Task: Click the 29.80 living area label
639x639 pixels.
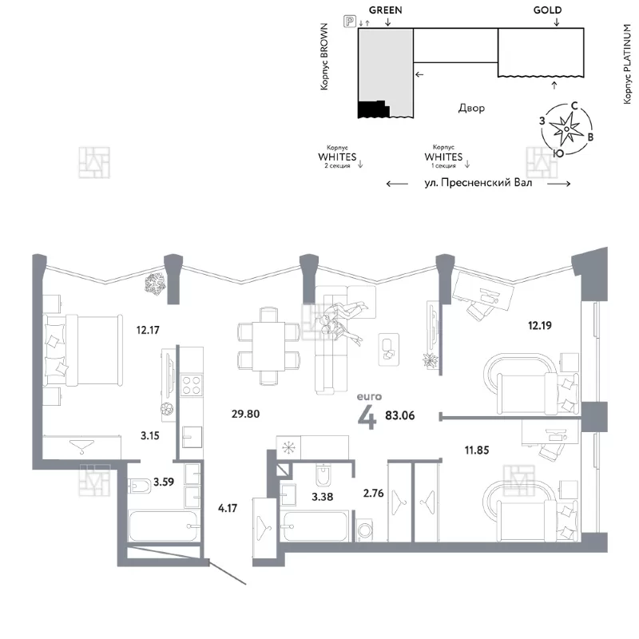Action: point(245,414)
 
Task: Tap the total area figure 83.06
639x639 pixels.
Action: point(400,415)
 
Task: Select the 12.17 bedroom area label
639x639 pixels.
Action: point(148,330)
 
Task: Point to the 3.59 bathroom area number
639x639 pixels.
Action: point(164,482)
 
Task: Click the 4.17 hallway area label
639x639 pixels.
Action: point(228,508)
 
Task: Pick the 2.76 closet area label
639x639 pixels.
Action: point(373,493)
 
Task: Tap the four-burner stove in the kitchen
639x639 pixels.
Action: point(191,385)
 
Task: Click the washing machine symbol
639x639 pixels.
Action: point(364,530)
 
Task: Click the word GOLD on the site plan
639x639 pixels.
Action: point(547,10)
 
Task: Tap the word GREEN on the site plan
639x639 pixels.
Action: point(385,10)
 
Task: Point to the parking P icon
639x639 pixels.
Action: point(350,22)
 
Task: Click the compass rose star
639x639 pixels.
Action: point(566,129)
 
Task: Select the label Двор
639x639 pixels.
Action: point(471,108)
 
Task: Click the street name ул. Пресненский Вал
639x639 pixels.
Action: point(478,183)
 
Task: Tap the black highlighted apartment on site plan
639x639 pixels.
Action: point(373,109)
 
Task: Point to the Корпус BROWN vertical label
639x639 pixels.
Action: point(324,57)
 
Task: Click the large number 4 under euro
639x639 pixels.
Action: point(367,417)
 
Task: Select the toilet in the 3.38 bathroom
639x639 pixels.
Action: point(323,474)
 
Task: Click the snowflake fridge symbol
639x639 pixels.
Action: point(288,448)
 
